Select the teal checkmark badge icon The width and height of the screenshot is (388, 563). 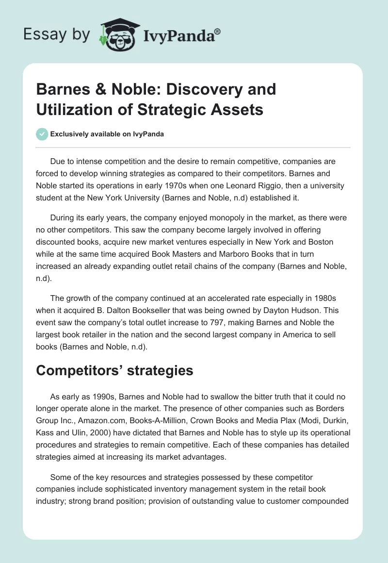pyautogui.click(x=42, y=134)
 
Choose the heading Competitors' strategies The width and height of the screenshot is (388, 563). pyautogui.click(x=114, y=371)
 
